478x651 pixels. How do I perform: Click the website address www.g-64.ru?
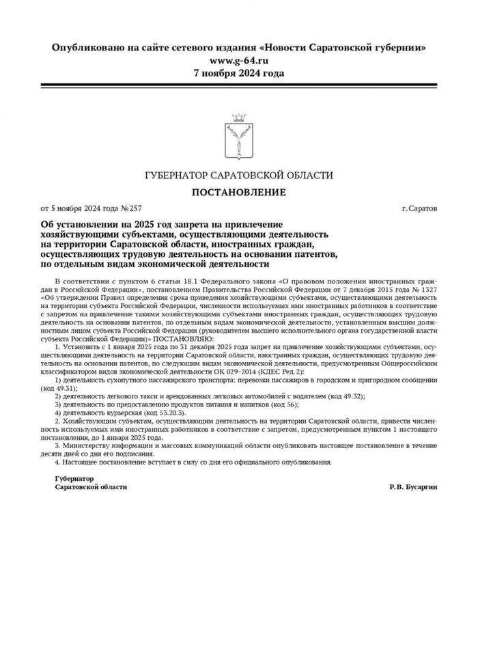click(238, 60)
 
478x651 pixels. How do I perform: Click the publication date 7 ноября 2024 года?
click(238, 72)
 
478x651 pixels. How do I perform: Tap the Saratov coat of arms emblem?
click(238, 137)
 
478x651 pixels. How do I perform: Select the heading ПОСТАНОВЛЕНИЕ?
click(238, 192)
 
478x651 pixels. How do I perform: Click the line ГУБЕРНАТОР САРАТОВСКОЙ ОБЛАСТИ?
click(238, 176)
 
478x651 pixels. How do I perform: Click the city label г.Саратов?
click(420, 208)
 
